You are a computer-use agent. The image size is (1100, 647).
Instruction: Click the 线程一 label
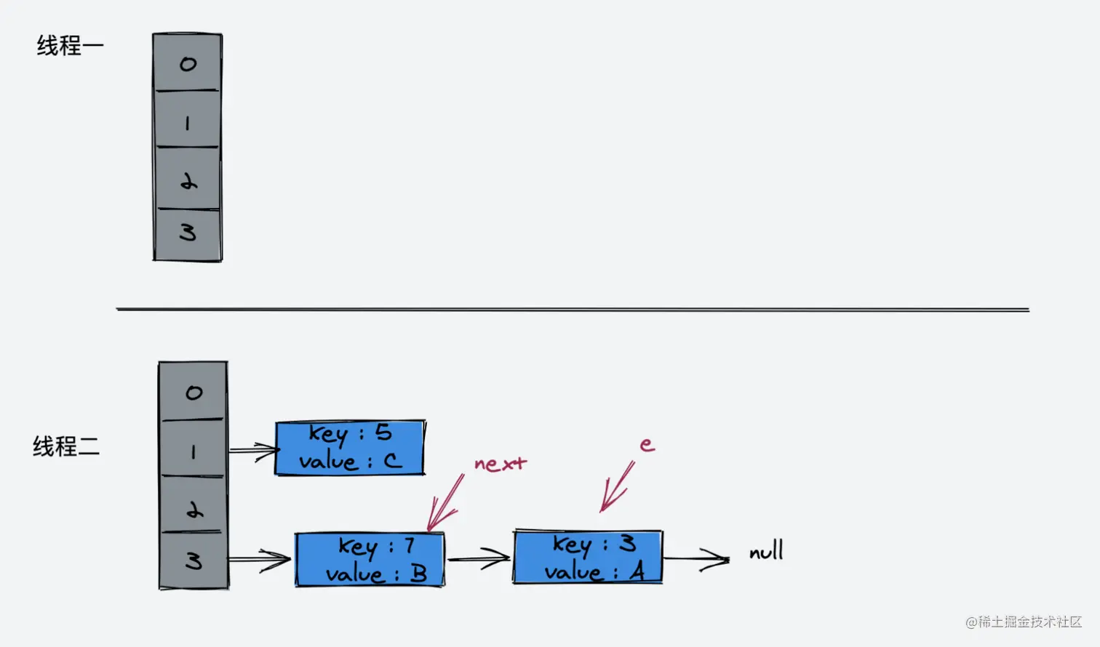[x=70, y=46]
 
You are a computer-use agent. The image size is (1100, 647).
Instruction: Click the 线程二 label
[x=65, y=446]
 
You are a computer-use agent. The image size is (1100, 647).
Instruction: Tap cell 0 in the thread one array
[x=187, y=63]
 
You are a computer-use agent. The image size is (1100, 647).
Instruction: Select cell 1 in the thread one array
[x=187, y=121]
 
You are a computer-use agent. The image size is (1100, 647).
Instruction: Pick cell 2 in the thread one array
[x=188, y=179]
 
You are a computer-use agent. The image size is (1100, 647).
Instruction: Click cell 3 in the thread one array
[x=188, y=233]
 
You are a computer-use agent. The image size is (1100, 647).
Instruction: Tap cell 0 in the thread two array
[x=193, y=392]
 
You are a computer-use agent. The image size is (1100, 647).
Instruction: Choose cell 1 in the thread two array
[x=193, y=449]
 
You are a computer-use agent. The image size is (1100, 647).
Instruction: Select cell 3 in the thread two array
[x=194, y=560]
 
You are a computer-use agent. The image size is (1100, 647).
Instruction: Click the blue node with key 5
[x=350, y=448]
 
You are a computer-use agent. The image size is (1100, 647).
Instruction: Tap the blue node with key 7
[x=370, y=560]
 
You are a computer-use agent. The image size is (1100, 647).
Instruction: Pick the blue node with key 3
[x=588, y=558]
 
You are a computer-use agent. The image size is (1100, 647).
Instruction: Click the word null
[x=766, y=551]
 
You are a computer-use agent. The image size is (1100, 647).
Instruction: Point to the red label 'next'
[x=500, y=464]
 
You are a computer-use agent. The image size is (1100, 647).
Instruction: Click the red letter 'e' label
[x=647, y=444]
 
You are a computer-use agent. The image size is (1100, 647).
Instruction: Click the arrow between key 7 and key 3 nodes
[x=478, y=559]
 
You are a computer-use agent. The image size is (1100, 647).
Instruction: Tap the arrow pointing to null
[x=696, y=559]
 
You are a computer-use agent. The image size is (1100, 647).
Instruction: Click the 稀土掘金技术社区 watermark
[x=1024, y=622]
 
